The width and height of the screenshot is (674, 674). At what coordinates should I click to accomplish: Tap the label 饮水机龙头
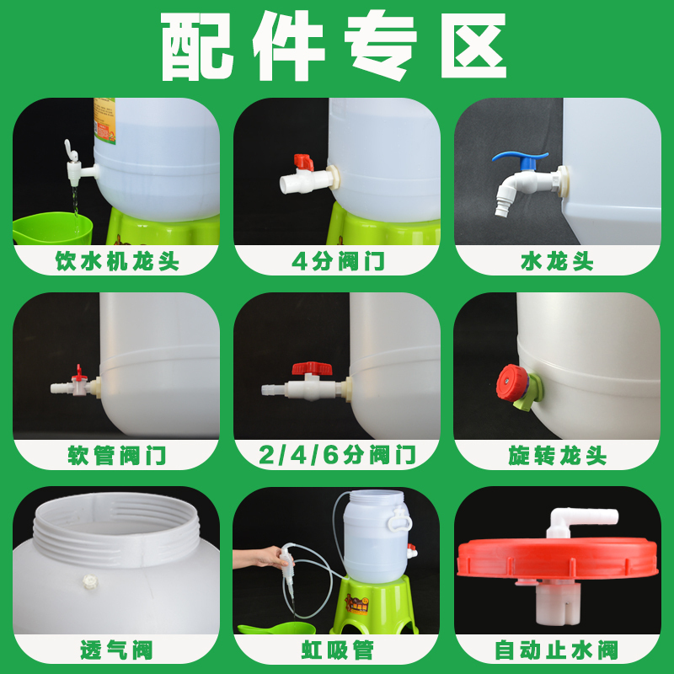point(117,261)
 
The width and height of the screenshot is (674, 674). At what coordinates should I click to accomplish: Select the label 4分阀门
point(337,261)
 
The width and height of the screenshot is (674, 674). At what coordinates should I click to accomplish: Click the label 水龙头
point(557,261)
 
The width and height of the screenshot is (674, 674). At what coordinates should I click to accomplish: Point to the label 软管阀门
point(117,456)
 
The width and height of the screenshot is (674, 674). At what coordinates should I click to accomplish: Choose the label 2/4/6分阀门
point(337,456)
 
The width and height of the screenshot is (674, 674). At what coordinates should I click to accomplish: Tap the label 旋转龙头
point(557,456)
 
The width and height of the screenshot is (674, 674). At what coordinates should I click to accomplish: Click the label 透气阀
point(117,650)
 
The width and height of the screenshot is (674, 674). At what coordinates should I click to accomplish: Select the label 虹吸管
point(337,650)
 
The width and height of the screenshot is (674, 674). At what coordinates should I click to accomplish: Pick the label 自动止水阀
point(557,650)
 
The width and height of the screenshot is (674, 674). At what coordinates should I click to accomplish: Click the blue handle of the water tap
point(521,157)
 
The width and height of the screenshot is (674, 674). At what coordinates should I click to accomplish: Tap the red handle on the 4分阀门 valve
point(303,162)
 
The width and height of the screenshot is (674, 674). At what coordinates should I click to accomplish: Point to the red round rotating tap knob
point(510,380)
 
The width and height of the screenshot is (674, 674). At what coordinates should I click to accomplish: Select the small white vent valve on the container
point(87,580)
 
